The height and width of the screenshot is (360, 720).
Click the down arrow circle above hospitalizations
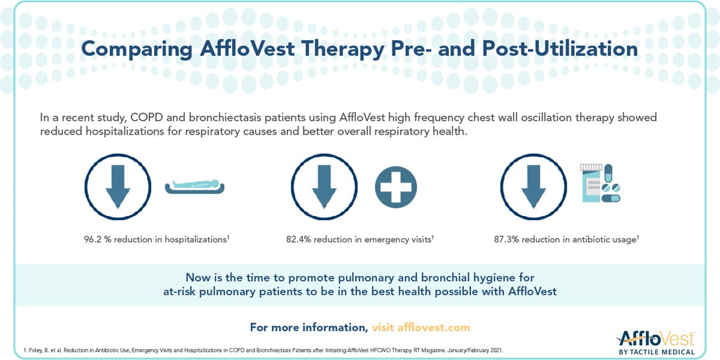click(118, 187)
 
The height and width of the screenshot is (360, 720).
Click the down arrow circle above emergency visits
click(323, 187)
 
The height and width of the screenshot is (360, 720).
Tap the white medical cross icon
click(396, 187)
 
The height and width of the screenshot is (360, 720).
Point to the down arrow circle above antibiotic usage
click(533, 187)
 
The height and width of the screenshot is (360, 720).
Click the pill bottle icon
click(591, 183)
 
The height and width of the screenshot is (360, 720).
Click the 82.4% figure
click(299, 239)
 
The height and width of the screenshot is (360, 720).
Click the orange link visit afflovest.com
click(421, 328)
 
